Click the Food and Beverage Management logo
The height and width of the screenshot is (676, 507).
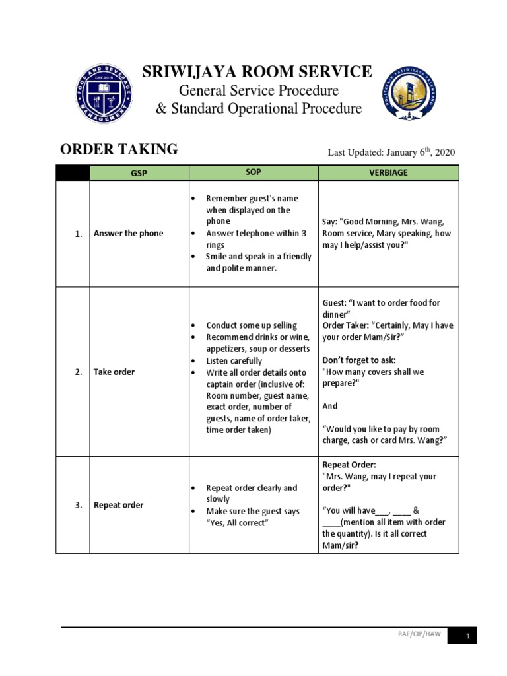tap(103, 94)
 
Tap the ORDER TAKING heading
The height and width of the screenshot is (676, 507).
tap(119, 150)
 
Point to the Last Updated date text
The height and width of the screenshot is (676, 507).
tap(391, 152)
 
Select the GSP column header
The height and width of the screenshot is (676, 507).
tap(139, 172)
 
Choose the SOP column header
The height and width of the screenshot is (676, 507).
tap(253, 172)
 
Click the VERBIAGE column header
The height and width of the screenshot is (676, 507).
tap(388, 172)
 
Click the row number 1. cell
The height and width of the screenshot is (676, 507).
tap(78, 234)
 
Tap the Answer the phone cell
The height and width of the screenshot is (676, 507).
tap(128, 233)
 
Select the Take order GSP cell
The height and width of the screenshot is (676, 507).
tap(114, 372)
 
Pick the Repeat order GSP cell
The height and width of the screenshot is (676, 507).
tap(118, 505)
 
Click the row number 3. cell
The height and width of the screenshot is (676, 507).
tap(78, 505)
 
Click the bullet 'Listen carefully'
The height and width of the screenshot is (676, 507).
tap(234, 361)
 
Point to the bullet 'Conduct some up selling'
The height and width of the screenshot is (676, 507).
tap(252, 325)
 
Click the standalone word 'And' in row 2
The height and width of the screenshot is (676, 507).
tap(330, 407)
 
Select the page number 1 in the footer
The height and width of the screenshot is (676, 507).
tap(467, 636)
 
